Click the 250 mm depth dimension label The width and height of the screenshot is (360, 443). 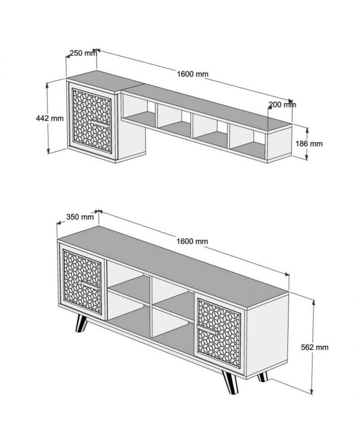pyautogui.click(x=83, y=53)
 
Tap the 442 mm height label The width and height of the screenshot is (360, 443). pyautogui.click(x=50, y=118)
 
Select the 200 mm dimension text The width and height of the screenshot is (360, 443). pyautogui.click(x=283, y=105)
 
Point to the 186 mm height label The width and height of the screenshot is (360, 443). pyautogui.click(x=309, y=143)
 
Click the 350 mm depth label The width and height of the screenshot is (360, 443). pyautogui.click(x=80, y=217)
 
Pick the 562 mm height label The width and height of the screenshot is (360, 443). pyautogui.click(x=315, y=347)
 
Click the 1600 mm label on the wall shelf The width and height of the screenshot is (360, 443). pyautogui.click(x=193, y=74)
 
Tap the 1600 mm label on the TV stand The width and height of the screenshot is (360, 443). pyautogui.click(x=193, y=241)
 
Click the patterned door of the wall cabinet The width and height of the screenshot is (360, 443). pyautogui.click(x=92, y=121)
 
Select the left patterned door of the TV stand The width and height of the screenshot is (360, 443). pyautogui.click(x=82, y=282)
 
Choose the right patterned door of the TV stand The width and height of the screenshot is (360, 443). pyautogui.click(x=219, y=334)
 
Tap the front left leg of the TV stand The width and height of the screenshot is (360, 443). pyautogui.click(x=81, y=324)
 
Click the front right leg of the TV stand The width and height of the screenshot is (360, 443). pyautogui.click(x=230, y=382)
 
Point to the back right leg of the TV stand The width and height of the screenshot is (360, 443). pyautogui.click(x=263, y=376)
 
